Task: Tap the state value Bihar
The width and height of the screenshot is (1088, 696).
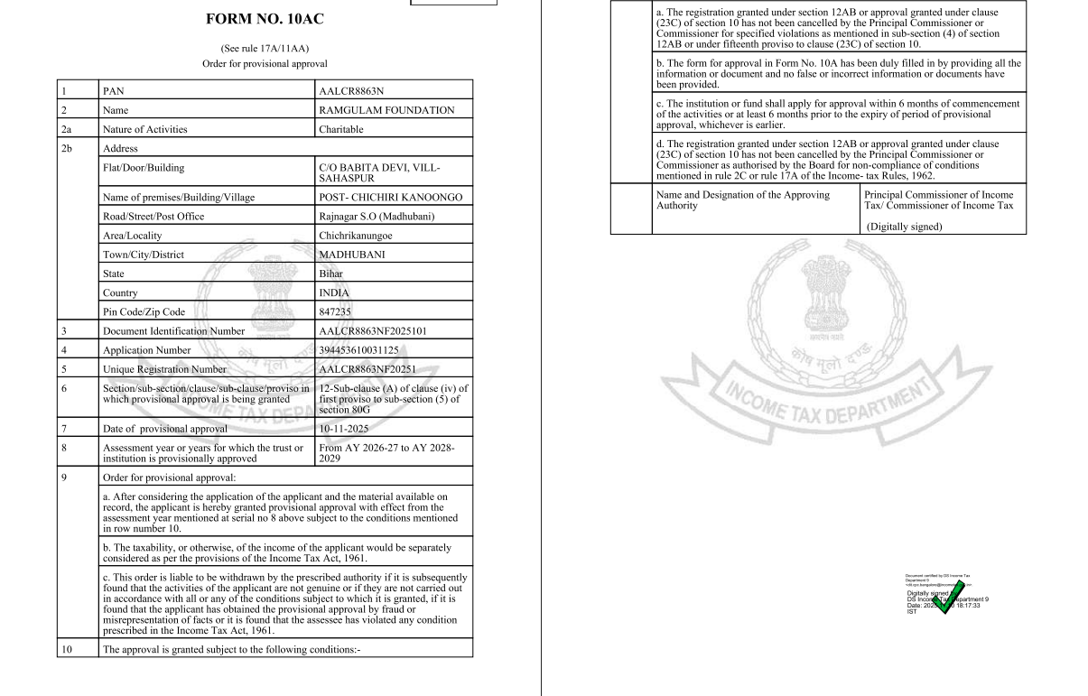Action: (x=331, y=274)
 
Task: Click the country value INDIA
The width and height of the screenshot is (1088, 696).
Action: (x=334, y=292)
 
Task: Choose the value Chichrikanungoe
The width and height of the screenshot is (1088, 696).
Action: (x=358, y=236)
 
